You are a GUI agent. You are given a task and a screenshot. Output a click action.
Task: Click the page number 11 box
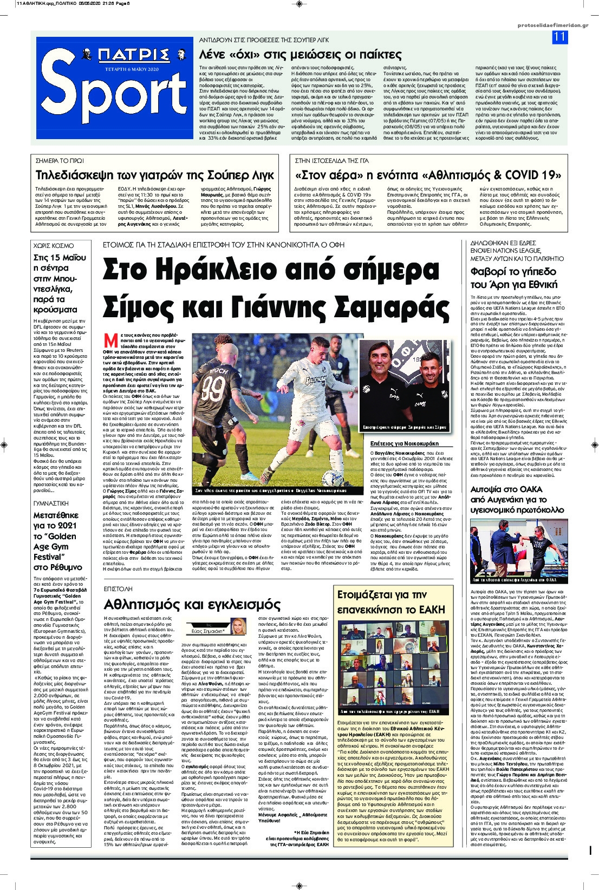pyautogui.click(x=559, y=37)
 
